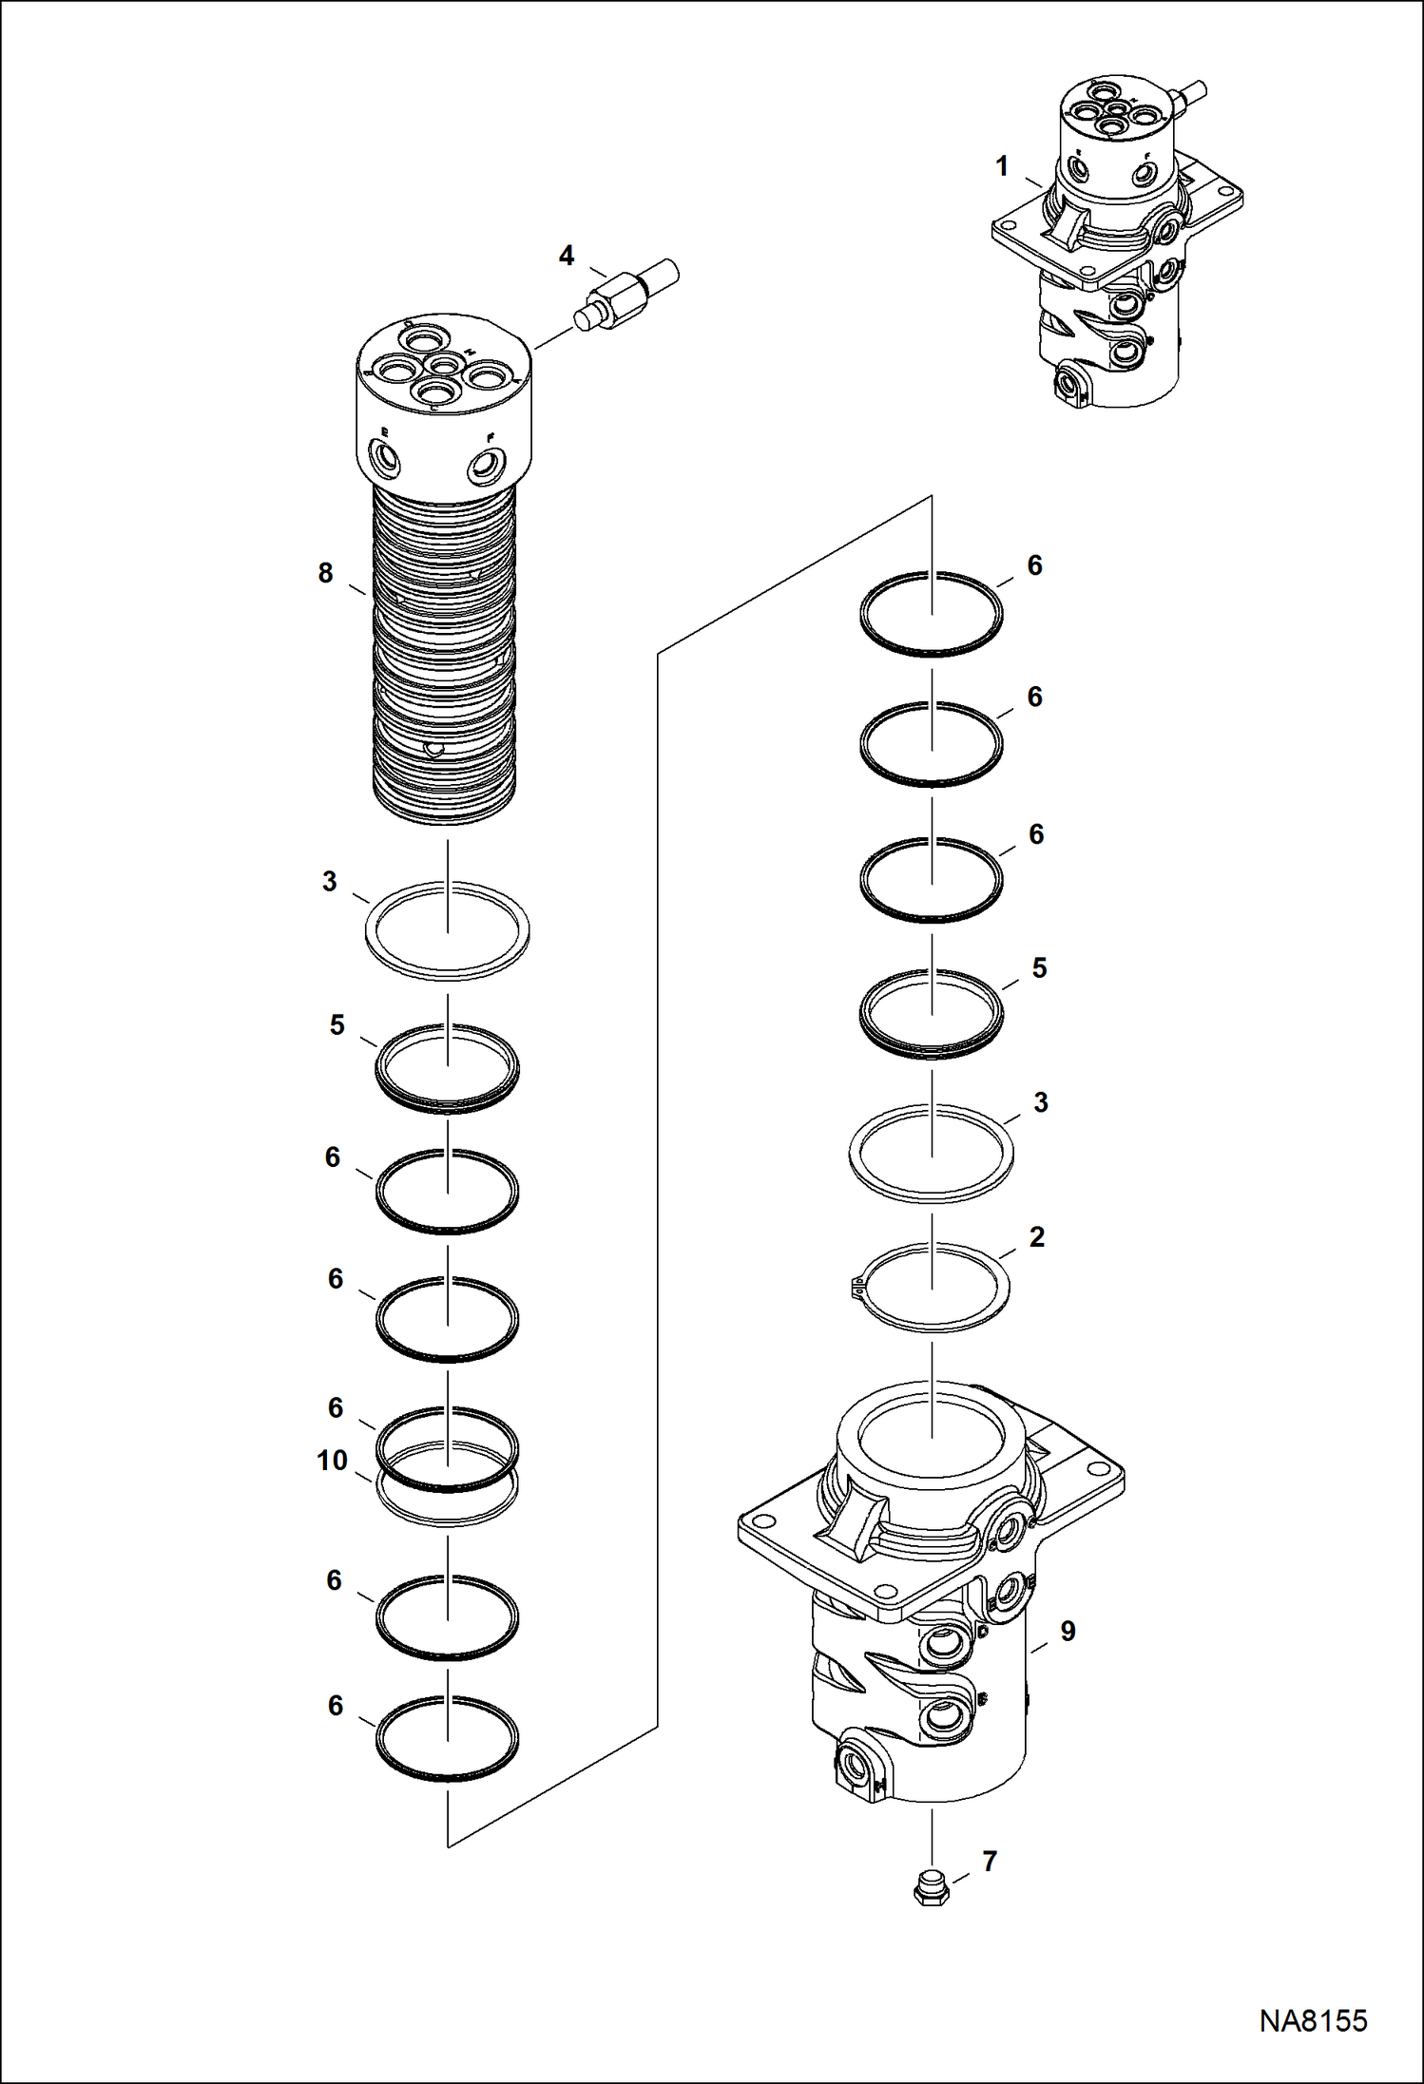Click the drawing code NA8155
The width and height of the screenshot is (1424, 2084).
click(x=1313, y=2019)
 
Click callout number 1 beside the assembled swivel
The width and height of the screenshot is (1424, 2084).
click(x=1001, y=166)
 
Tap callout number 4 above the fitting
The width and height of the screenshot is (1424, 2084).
click(x=567, y=255)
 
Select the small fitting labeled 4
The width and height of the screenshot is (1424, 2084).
click(x=627, y=296)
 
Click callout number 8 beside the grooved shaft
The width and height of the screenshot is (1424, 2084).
click(x=325, y=573)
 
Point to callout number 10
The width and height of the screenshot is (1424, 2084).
click(x=332, y=1460)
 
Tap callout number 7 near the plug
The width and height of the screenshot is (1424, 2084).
click(x=990, y=1861)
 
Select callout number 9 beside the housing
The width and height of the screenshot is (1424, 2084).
click(x=1068, y=1631)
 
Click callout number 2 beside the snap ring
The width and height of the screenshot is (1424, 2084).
click(x=1037, y=1236)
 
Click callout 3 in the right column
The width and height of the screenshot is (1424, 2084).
click(x=1041, y=1102)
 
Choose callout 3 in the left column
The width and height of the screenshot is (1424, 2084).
click(x=329, y=881)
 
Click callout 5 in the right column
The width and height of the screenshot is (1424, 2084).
click(x=1039, y=967)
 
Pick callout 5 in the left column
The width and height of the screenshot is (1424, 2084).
click(x=337, y=1025)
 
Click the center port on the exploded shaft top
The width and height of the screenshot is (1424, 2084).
click(x=443, y=365)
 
